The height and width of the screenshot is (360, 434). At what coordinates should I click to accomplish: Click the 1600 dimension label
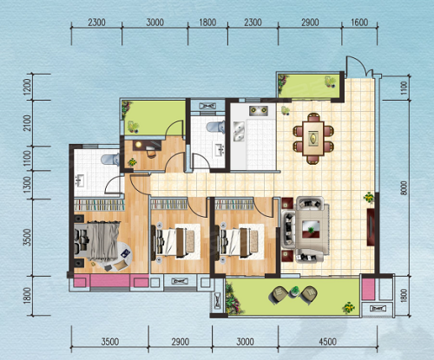359,23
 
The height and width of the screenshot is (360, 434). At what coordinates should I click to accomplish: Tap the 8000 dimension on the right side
404,188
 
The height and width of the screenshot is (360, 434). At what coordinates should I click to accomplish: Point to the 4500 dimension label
327,342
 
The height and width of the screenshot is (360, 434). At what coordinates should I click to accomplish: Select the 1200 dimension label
28,87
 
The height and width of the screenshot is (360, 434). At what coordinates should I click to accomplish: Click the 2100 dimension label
28,123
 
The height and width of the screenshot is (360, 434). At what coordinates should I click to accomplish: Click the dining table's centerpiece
313,138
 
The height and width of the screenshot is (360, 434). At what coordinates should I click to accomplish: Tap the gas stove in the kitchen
259,110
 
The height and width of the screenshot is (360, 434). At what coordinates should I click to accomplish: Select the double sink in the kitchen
239,132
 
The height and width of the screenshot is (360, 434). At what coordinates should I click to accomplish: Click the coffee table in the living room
311,229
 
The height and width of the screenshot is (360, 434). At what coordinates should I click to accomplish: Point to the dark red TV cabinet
371,227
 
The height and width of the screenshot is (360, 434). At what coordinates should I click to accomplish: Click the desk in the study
148,145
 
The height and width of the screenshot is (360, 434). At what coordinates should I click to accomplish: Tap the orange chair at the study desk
151,153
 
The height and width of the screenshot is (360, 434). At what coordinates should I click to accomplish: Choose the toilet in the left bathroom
110,160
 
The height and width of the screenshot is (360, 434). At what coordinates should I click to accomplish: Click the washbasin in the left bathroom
79,180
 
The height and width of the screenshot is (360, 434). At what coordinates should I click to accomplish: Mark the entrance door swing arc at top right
358,62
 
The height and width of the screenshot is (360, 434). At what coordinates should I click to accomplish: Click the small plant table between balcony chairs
294,291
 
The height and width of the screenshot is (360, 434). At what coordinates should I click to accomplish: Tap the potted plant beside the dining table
286,111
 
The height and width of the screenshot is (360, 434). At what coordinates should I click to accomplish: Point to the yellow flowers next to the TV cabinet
369,198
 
